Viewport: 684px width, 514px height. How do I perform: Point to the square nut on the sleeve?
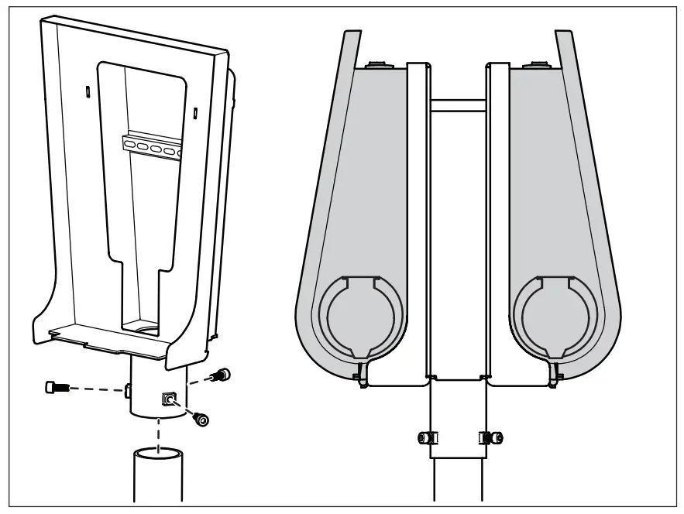pos(168,399)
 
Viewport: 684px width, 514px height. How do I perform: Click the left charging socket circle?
pos(360,316)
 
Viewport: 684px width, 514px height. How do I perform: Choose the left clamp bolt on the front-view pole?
pos(425,437)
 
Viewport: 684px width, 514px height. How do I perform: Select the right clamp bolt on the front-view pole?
pos(492,437)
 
